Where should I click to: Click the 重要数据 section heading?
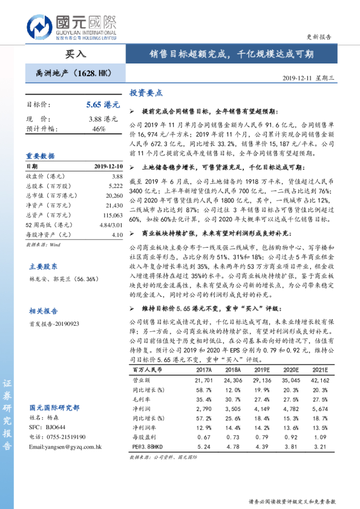click(41, 155)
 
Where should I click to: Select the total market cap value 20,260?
click(114, 196)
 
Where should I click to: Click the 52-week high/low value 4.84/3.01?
click(111, 225)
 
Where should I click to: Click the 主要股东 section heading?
click(44, 266)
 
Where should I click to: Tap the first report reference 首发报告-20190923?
click(54, 324)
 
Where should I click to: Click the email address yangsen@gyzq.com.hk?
click(65, 447)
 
